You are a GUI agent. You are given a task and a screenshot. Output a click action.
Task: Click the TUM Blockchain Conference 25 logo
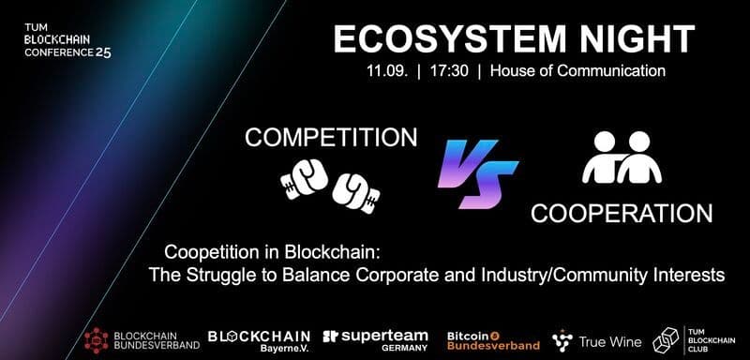(68, 41)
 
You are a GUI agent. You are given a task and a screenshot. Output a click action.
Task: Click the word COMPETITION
(331, 138)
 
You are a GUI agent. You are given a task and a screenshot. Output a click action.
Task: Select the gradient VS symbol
(477, 174)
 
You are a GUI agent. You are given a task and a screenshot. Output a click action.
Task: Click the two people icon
(621, 157)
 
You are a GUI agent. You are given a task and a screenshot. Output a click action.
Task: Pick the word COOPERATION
(621, 213)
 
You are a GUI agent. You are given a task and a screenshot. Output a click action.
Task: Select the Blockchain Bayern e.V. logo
(258, 338)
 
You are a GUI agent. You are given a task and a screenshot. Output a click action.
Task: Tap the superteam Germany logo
(375, 338)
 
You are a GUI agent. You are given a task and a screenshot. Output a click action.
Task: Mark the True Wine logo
(597, 339)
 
